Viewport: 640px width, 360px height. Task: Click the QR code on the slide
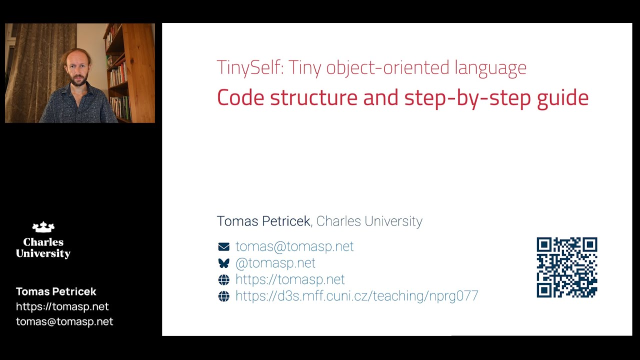[566, 267]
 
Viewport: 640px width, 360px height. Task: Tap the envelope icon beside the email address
[223, 246]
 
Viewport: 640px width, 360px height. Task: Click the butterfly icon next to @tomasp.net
[223, 263]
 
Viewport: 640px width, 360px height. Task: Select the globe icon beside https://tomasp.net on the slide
[223, 279]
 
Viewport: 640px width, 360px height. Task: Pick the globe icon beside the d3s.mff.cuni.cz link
[223, 296]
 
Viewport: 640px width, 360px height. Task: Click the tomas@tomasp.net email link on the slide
[294, 246]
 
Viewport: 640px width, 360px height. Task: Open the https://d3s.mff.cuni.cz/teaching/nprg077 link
[356, 296]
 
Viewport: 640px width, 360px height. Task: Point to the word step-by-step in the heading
[468, 98]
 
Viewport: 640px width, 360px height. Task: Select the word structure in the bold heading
[313, 98]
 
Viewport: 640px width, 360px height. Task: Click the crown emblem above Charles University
[43, 227]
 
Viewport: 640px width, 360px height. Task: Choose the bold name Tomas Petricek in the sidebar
[56, 291]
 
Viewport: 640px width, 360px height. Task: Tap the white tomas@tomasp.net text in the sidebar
[64, 321]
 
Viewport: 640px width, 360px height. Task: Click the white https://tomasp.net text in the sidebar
[62, 306]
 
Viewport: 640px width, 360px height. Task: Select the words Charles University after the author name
[369, 221]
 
